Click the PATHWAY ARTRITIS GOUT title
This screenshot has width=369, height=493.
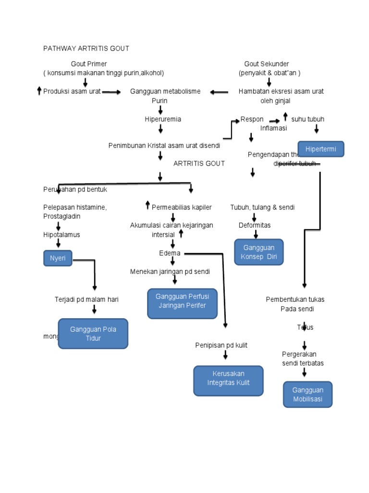[x=86, y=49]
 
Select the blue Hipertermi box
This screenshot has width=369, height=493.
[x=320, y=149]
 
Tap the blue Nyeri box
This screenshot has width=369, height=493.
[x=58, y=259]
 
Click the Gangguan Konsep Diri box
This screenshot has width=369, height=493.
[x=259, y=252]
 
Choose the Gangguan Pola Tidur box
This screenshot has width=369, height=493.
[x=93, y=333]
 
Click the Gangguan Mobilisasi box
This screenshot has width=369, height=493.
[x=308, y=394]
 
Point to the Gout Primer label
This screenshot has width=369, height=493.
[x=89, y=64]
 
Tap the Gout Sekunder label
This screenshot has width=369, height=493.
[x=267, y=64]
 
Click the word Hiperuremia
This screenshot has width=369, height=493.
[x=163, y=119]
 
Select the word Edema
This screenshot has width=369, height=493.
[x=170, y=253]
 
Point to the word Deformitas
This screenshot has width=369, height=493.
[x=255, y=225]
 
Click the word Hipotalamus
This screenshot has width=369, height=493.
[x=61, y=234]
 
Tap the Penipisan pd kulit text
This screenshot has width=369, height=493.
[x=221, y=345]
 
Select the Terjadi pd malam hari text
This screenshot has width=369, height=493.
[x=86, y=299]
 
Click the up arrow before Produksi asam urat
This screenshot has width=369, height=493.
[x=39, y=91]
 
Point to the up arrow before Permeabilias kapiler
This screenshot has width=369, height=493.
[x=148, y=206]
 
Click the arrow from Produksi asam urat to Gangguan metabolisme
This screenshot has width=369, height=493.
[x=111, y=92]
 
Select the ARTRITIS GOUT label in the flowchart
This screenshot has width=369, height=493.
[x=199, y=164]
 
